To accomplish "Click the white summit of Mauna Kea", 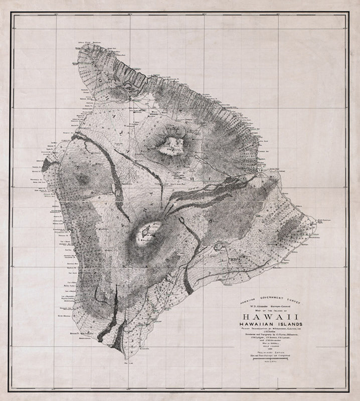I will pyautogui.click(x=170, y=145).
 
